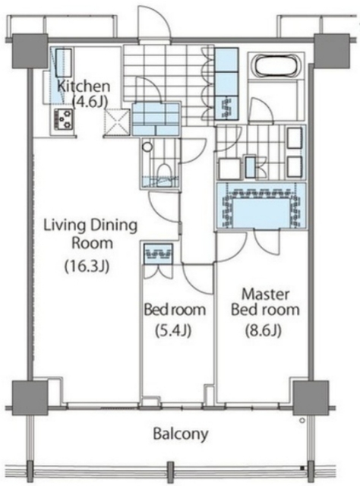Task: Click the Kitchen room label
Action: tap(84, 86)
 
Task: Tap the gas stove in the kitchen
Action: tap(65, 119)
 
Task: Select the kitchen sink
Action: tap(64, 63)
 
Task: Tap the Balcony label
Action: tap(181, 434)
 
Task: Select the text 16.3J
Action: tap(87, 267)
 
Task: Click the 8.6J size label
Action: tap(264, 331)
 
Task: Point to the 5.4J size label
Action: tap(172, 331)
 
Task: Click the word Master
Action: tap(265, 294)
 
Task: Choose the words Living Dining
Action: tap(90, 226)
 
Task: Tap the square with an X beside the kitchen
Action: tap(117, 122)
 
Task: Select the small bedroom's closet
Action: tap(158, 254)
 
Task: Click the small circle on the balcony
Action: tap(302, 421)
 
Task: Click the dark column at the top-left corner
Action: tap(30, 52)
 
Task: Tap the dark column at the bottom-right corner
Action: tap(311, 398)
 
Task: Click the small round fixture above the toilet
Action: tap(147, 147)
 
